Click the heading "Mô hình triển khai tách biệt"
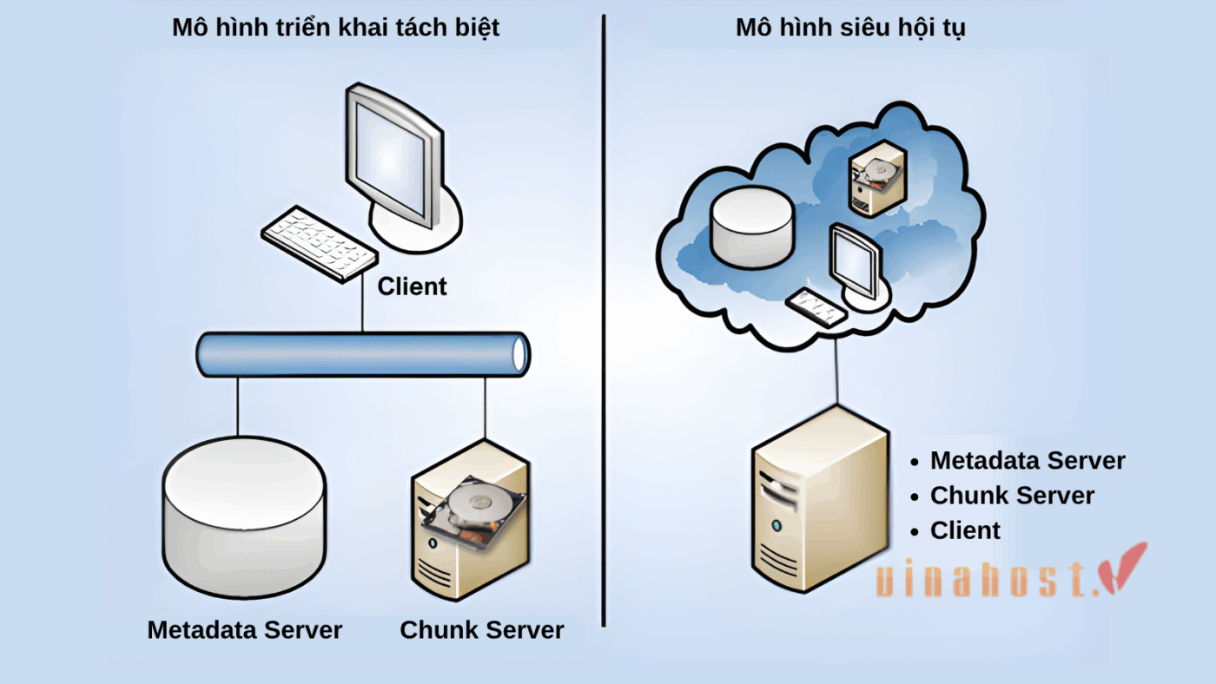[335, 27]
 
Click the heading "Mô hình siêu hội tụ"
[850, 27]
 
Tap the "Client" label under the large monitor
[412, 286]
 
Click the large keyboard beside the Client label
[319, 242]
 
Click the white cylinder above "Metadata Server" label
[243, 512]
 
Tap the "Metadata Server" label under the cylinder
[245, 629]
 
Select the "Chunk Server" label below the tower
[482, 629]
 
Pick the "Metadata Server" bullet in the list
[1027, 461]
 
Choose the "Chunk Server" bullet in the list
[1012, 496]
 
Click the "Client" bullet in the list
[965, 530]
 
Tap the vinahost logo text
[981, 579]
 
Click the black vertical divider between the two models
[603, 321]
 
